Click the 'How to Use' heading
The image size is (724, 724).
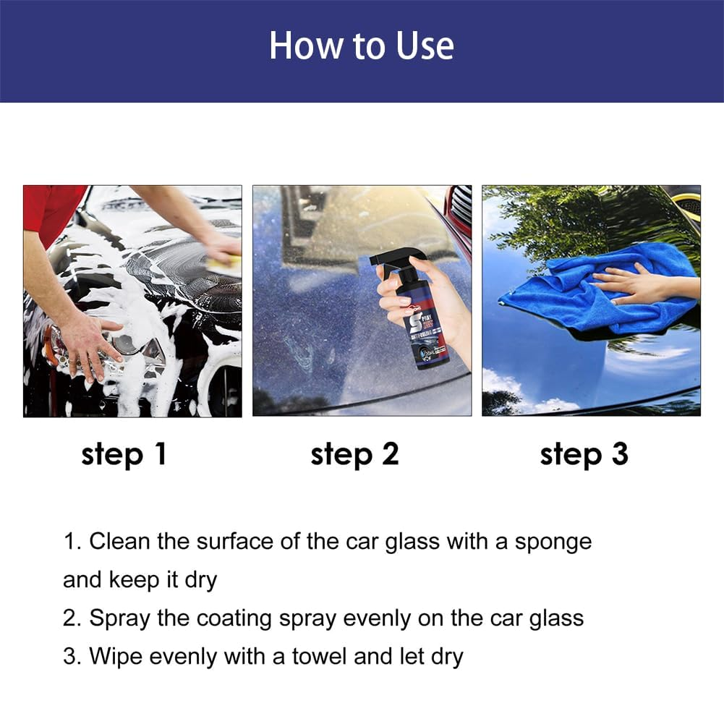362,46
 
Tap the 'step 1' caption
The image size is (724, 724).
124,454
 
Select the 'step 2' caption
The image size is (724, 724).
354,454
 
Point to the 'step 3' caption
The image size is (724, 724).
584,454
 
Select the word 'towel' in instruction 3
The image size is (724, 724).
322,657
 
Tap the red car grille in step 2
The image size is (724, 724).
459,210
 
